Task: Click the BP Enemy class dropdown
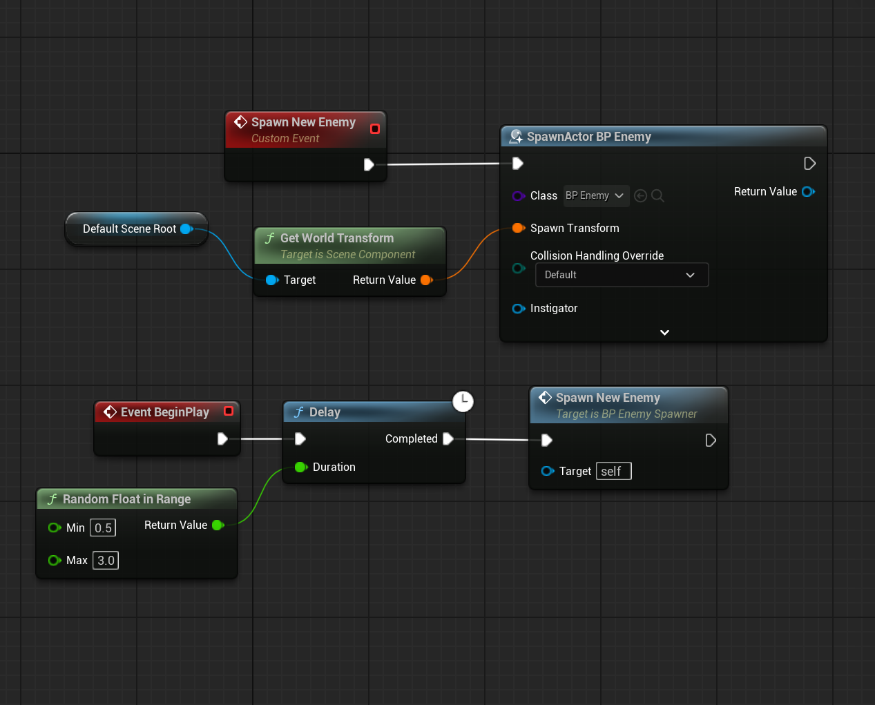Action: (x=595, y=196)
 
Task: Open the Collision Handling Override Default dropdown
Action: (x=622, y=275)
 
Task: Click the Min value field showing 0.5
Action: (x=103, y=528)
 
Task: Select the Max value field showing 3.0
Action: (x=106, y=561)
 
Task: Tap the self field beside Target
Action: (x=613, y=472)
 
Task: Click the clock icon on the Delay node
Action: (x=463, y=401)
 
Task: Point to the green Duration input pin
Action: (x=300, y=467)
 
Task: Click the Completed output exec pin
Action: (x=448, y=439)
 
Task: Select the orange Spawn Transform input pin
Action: (x=517, y=229)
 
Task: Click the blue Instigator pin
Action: (x=518, y=309)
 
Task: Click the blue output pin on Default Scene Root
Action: (x=186, y=229)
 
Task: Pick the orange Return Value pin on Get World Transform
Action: (x=426, y=280)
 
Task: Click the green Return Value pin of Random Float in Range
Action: (x=218, y=525)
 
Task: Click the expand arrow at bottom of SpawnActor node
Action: (x=664, y=333)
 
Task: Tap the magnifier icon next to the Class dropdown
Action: (x=657, y=196)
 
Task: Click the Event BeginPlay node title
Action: (x=164, y=412)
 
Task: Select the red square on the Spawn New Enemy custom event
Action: (x=374, y=129)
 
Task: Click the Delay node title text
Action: (x=325, y=412)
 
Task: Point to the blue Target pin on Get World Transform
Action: (x=271, y=280)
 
